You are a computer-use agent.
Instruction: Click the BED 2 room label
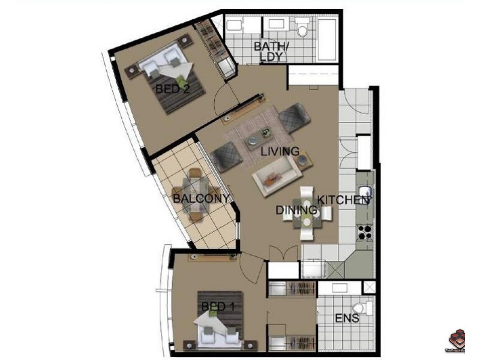[x=173, y=89]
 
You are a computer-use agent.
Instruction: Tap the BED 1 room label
[x=218, y=307]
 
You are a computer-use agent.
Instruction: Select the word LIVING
[x=280, y=152]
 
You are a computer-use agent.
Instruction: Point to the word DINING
[x=296, y=210]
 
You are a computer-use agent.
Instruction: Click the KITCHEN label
[x=343, y=200]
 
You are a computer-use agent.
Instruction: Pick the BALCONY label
[x=201, y=199]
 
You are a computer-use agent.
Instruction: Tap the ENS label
[x=346, y=319]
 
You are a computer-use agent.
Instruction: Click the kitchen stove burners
[x=365, y=230]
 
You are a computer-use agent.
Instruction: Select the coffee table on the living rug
[x=264, y=135]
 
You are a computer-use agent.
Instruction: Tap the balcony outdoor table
[x=195, y=193]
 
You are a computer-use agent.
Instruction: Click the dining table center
[x=307, y=212]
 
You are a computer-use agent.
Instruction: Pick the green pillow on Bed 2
[x=181, y=80]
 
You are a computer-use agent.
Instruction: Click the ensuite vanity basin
[x=339, y=287]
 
